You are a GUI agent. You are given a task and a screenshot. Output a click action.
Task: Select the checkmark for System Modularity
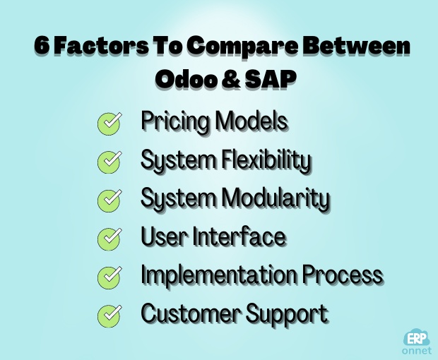(108, 200)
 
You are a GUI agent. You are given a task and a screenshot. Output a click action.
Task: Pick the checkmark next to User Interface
(108, 238)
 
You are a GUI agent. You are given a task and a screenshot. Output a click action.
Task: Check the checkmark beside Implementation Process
(108, 275)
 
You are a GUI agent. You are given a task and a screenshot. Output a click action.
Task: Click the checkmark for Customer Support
(108, 313)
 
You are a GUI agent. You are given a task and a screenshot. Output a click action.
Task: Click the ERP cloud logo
(416, 336)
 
